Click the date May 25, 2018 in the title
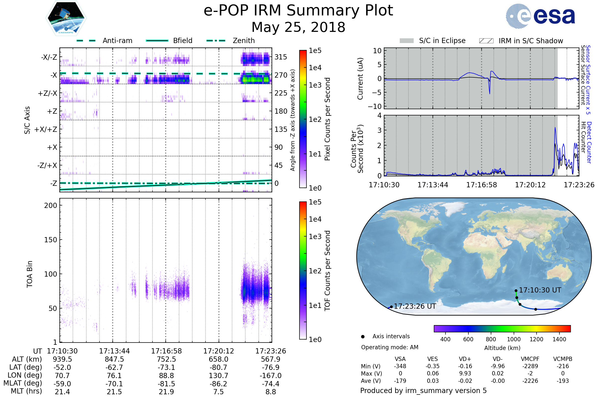(298, 27)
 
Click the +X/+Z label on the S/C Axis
(46, 129)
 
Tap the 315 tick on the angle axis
(281, 57)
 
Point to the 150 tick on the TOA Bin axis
(50, 240)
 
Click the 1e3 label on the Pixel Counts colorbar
(315, 85)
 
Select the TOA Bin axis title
(30, 274)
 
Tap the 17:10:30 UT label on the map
(540, 290)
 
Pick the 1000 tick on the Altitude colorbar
(513, 339)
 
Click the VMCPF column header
(530, 359)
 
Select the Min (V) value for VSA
(400, 366)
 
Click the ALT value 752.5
(166, 359)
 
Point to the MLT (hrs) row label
(26, 391)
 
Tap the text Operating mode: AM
(390, 347)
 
